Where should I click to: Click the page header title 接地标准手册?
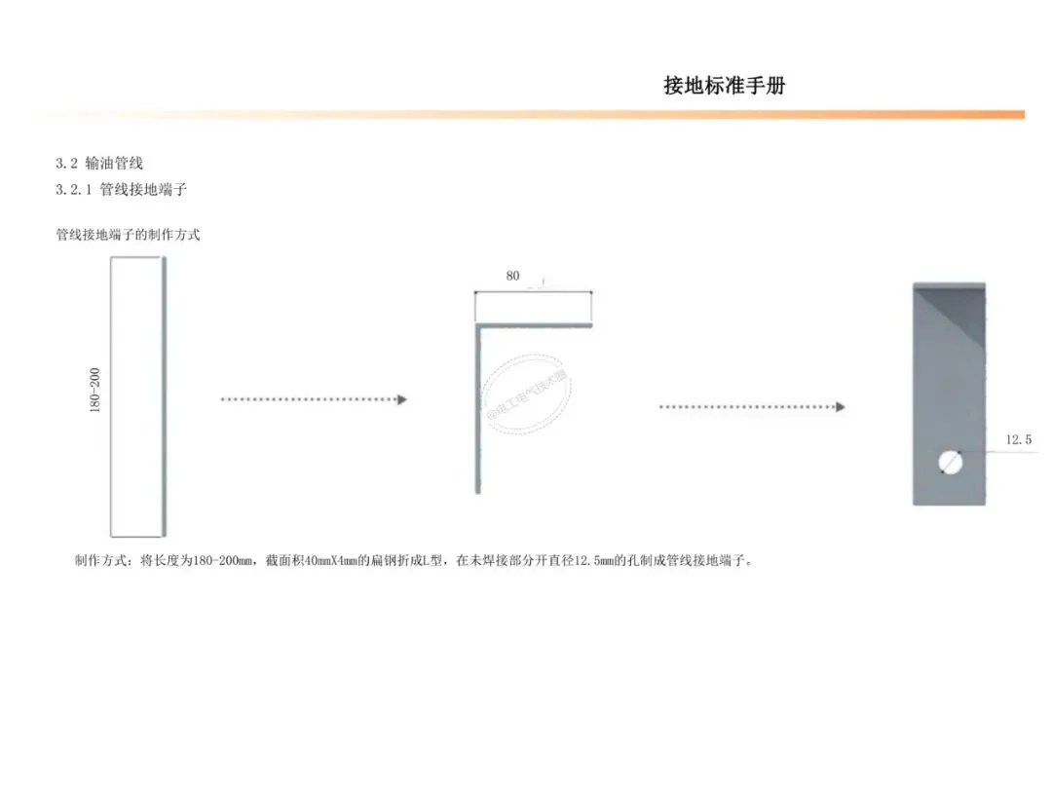click(724, 86)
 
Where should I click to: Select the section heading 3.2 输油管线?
click(99, 163)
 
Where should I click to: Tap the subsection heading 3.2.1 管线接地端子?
click(121, 189)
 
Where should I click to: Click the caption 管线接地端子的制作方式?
click(128, 235)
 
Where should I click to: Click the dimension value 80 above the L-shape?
click(512, 276)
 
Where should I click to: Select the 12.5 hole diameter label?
click(1018, 440)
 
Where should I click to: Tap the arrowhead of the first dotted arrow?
click(401, 399)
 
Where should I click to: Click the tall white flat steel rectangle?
click(135, 396)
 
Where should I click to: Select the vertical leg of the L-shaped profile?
click(477, 409)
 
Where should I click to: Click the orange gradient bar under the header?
click(526, 115)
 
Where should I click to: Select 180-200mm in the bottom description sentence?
click(221, 561)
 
